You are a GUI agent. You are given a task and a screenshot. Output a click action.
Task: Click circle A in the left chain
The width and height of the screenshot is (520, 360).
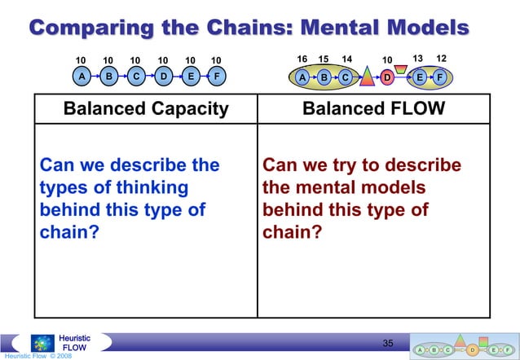point(81,78)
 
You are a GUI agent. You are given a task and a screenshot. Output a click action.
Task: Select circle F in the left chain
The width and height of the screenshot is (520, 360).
point(216,78)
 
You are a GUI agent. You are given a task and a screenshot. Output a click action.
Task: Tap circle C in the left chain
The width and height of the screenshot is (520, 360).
point(134,78)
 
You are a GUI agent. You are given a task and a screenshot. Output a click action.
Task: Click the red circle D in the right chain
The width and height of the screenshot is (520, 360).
point(388,78)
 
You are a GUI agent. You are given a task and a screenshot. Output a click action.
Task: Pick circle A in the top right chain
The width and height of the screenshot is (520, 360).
point(302,78)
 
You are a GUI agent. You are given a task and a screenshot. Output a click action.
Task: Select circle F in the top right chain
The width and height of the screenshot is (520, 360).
point(440,78)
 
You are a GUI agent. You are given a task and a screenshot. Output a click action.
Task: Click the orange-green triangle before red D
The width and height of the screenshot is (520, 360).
point(366,77)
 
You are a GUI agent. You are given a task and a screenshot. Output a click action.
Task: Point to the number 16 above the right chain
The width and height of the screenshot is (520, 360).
point(302,59)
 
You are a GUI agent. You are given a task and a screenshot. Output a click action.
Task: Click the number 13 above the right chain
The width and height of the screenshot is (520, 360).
point(419,59)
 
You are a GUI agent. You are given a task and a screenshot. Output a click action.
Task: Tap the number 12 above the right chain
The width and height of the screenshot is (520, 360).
point(441,59)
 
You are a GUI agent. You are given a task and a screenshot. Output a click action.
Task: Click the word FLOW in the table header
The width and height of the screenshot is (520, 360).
point(416,109)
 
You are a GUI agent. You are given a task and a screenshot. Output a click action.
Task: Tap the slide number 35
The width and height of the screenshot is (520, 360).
point(389,343)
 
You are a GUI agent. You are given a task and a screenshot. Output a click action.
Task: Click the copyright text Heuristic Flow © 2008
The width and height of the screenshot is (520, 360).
point(36,356)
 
